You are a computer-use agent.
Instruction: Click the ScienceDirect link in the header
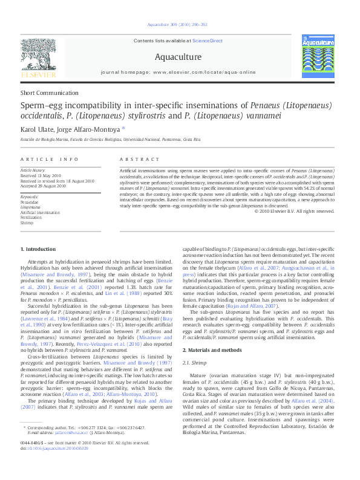click(x=208, y=41)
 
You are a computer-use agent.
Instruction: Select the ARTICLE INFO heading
click(x=50, y=159)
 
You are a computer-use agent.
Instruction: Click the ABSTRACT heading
click(x=135, y=159)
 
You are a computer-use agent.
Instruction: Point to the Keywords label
click(x=30, y=197)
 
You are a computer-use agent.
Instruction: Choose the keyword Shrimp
click(x=27, y=223)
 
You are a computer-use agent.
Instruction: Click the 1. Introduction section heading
click(x=38, y=249)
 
